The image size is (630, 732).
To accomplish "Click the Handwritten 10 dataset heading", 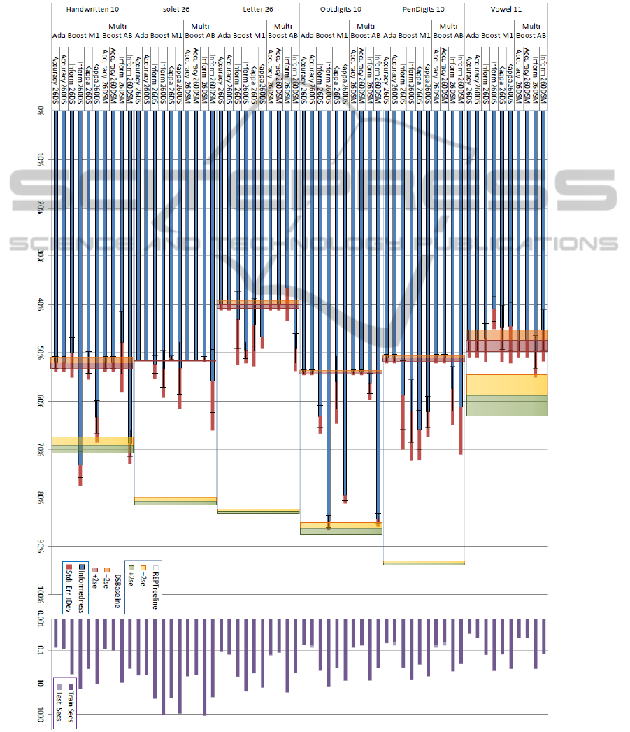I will click(92, 10).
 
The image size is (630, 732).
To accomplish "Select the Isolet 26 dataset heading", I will click(176, 10).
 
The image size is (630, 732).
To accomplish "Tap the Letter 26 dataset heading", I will click(258, 10).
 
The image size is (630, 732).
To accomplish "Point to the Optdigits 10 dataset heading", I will click(341, 10).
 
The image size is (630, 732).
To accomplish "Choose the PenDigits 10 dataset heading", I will click(424, 10).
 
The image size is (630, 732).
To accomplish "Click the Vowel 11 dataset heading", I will click(506, 10).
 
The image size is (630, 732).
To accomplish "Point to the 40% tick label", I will click(41, 304).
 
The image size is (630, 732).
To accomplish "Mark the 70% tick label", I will click(41, 449).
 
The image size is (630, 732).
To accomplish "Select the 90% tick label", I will click(41, 545).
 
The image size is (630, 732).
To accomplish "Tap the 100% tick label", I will click(41, 595).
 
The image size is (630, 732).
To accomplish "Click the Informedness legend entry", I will click(82, 588).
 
